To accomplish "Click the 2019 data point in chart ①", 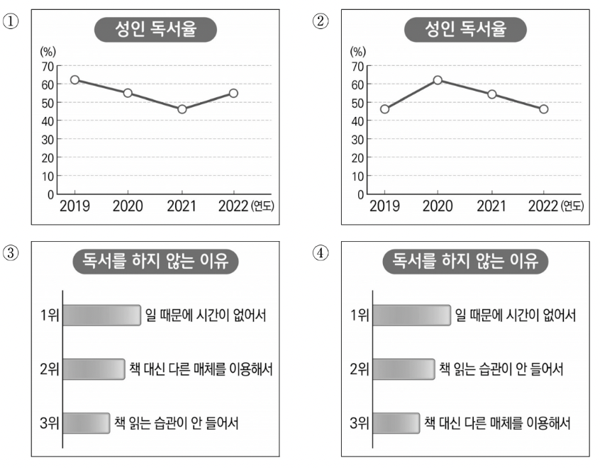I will (x=74, y=80).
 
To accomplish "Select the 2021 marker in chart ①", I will (x=182, y=109).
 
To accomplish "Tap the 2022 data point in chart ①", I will (x=233, y=93).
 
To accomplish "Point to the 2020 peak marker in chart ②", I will (x=438, y=80).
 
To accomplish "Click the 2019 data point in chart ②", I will (x=384, y=109).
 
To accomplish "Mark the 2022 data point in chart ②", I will (x=543, y=109).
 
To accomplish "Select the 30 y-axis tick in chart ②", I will (x=358, y=139).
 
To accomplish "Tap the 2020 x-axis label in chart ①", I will (x=128, y=206).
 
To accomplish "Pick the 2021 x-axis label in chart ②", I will (x=491, y=206).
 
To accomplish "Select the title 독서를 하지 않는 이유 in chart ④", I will (x=465, y=262).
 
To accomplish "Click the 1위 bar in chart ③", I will (x=101, y=315).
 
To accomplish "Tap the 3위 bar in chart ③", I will (x=86, y=423).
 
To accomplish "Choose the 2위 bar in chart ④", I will (x=402, y=369).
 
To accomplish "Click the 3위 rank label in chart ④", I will (x=360, y=424).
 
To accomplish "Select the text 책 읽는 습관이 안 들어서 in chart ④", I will (x=501, y=369).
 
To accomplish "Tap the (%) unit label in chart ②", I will (x=358, y=51).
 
